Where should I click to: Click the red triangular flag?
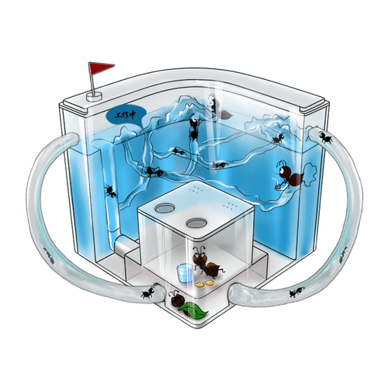click(x=99, y=68)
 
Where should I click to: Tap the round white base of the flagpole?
click(x=94, y=97)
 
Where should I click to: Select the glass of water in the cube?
click(x=185, y=273)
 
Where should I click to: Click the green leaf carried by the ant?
click(x=193, y=310)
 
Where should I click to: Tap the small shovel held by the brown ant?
click(x=279, y=186)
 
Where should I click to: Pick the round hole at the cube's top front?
click(x=196, y=223)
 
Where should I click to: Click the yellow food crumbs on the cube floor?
click(x=206, y=284)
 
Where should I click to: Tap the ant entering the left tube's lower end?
click(x=148, y=293)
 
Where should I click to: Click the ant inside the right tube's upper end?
click(x=326, y=137)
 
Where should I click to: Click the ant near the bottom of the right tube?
click(x=296, y=293)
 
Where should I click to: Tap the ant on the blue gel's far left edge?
click(x=111, y=192)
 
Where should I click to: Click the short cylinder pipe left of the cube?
click(x=125, y=245)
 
